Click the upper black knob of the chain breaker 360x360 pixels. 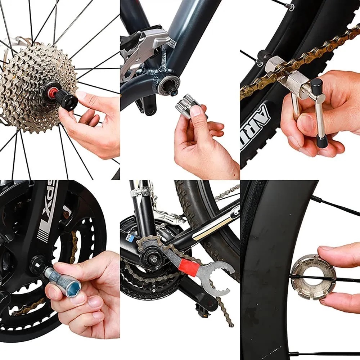tap(316, 86)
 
